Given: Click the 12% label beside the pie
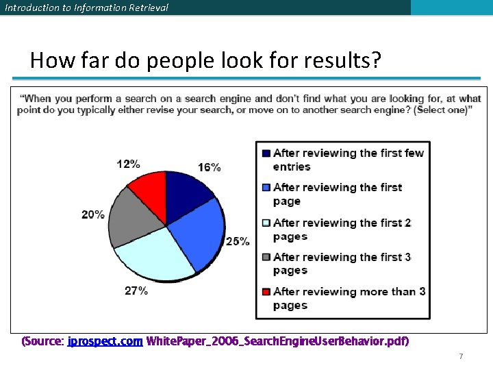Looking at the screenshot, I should pyautogui.click(x=129, y=164).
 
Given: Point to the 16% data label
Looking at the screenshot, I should pyautogui.click(x=210, y=167).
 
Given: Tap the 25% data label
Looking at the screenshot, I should pyautogui.click(x=238, y=241).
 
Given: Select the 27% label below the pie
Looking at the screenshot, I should pyautogui.click(x=136, y=291).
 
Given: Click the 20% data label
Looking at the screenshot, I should pyautogui.click(x=93, y=214).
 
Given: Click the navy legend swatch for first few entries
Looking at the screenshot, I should pyautogui.click(x=266, y=153).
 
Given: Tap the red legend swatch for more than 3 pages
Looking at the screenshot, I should pyautogui.click(x=266, y=292).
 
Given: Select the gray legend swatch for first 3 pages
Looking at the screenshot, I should pyautogui.click(x=266, y=257).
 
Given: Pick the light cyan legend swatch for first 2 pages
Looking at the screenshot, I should pyautogui.click(x=266, y=223).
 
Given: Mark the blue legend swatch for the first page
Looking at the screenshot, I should pyautogui.click(x=266, y=187).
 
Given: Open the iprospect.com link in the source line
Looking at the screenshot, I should pyautogui.click(x=105, y=341).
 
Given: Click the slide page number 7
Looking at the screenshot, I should pyautogui.click(x=461, y=356).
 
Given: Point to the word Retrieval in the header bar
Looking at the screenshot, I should pyautogui.click(x=144, y=8).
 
